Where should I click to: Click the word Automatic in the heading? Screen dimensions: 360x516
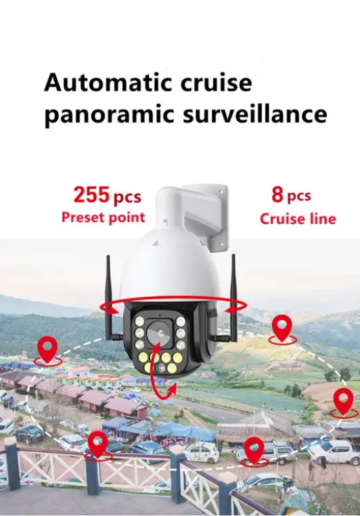[108, 82]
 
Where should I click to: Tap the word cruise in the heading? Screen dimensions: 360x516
[216, 83]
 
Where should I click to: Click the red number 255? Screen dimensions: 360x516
[91, 194]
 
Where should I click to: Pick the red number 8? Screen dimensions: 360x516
[277, 194]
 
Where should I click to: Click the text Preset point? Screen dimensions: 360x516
[104, 218]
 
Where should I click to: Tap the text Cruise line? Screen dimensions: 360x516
[298, 219]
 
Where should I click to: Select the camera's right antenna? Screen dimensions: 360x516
[233, 298]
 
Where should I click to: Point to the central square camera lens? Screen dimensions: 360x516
[159, 333]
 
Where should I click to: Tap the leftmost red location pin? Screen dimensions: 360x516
[47, 349]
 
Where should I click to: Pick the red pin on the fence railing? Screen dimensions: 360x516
[98, 444]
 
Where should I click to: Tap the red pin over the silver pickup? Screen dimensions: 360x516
[254, 450]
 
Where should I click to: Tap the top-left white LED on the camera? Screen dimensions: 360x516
[139, 322]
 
